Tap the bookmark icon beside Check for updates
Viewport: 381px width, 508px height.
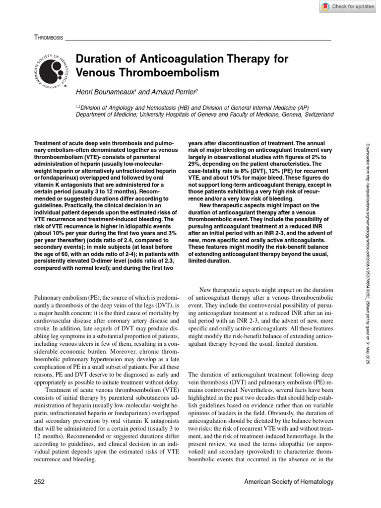(325, 6)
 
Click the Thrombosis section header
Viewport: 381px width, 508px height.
(49, 37)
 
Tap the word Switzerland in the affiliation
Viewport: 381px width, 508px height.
(315, 114)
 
